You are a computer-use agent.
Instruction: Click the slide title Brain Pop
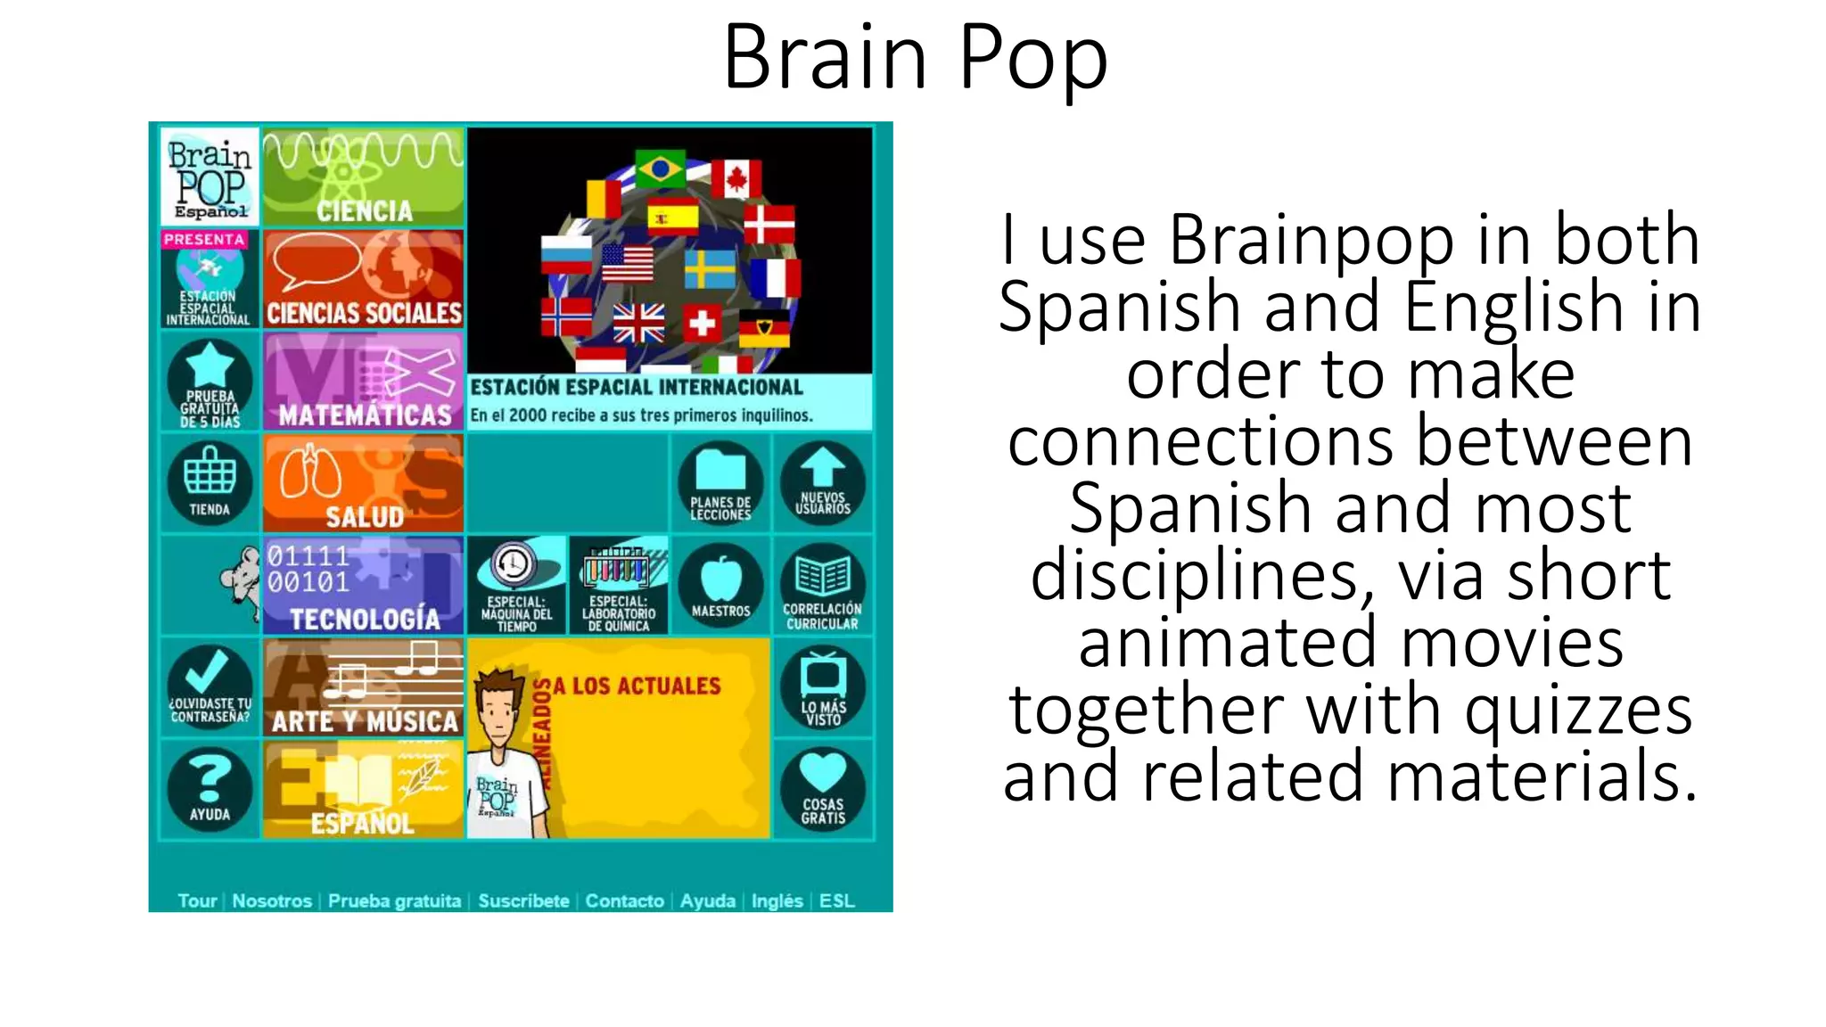click(x=915, y=57)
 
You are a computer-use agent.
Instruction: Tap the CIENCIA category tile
click(x=364, y=177)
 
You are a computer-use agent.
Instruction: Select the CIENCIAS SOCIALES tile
click(x=364, y=279)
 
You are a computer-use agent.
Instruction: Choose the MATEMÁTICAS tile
click(x=364, y=382)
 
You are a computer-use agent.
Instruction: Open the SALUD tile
click(x=364, y=483)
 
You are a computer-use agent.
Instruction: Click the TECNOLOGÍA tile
click(x=364, y=585)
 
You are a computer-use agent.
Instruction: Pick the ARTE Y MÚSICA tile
click(x=364, y=686)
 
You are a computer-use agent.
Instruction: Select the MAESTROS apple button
click(x=720, y=585)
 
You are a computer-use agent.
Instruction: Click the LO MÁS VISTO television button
click(x=822, y=687)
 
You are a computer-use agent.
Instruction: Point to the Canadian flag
click(x=736, y=179)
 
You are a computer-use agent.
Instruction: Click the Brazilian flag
click(x=660, y=168)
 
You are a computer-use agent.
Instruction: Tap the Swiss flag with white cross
click(x=703, y=323)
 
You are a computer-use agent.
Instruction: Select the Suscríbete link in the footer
click(x=523, y=900)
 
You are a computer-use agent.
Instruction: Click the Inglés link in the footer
click(x=777, y=900)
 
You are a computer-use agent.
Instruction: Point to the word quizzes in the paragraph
click(x=1578, y=710)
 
